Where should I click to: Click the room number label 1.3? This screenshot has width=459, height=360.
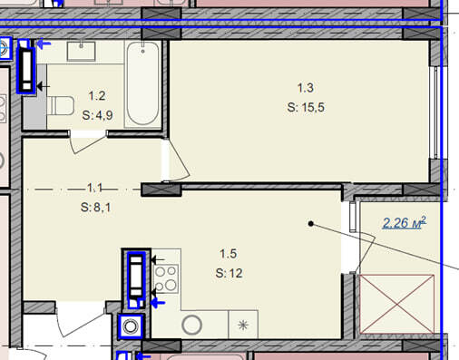[x=306, y=88]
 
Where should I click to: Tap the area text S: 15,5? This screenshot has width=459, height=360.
[x=306, y=107]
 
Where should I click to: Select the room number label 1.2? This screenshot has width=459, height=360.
[x=97, y=96]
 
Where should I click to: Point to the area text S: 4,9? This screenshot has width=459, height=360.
[x=97, y=115]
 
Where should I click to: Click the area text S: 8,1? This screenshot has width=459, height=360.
[x=95, y=208]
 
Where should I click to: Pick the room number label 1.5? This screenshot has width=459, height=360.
[x=229, y=254]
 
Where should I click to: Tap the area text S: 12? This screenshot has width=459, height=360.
[x=229, y=273]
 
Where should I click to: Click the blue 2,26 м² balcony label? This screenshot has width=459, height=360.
[x=404, y=223]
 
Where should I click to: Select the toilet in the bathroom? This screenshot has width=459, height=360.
[x=61, y=106]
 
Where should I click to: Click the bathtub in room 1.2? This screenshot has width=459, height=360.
[x=142, y=83]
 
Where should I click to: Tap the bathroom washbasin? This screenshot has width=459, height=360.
[x=81, y=52]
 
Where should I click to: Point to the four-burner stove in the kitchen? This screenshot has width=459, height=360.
[x=166, y=279]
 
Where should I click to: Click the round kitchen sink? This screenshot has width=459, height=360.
[x=191, y=325]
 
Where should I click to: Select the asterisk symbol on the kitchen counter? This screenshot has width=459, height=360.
[x=243, y=325]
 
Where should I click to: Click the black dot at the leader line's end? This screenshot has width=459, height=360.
[x=311, y=224]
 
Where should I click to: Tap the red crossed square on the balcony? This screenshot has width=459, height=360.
[x=396, y=304]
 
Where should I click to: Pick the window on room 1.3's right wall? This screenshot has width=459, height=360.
[x=435, y=112]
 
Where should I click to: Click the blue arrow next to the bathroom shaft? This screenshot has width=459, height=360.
[x=44, y=44]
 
